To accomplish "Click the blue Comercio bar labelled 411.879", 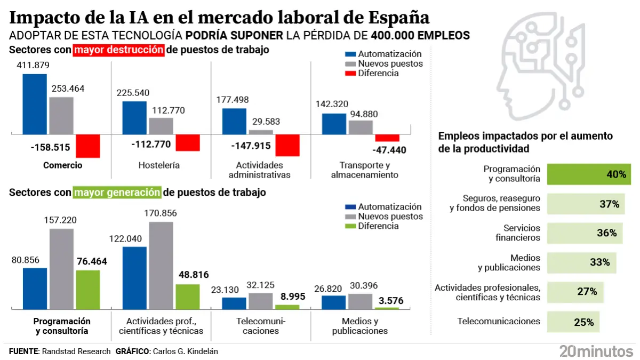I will click(x=35, y=104).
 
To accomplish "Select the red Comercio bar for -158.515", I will click(x=88, y=146).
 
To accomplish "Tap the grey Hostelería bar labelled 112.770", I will click(x=161, y=126).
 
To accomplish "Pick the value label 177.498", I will click(x=233, y=100).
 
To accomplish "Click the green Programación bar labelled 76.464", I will click(x=88, y=290).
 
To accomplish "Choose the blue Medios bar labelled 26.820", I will click(x=333, y=302).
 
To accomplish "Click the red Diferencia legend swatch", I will click(x=350, y=74).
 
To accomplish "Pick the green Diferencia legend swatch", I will click(x=350, y=226).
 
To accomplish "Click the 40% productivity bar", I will click(x=588, y=174).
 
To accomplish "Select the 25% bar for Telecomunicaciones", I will click(x=573, y=322).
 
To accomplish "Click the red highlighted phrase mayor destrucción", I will click(x=119, y=50).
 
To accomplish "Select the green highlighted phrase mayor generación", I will click(x=117, y=193).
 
